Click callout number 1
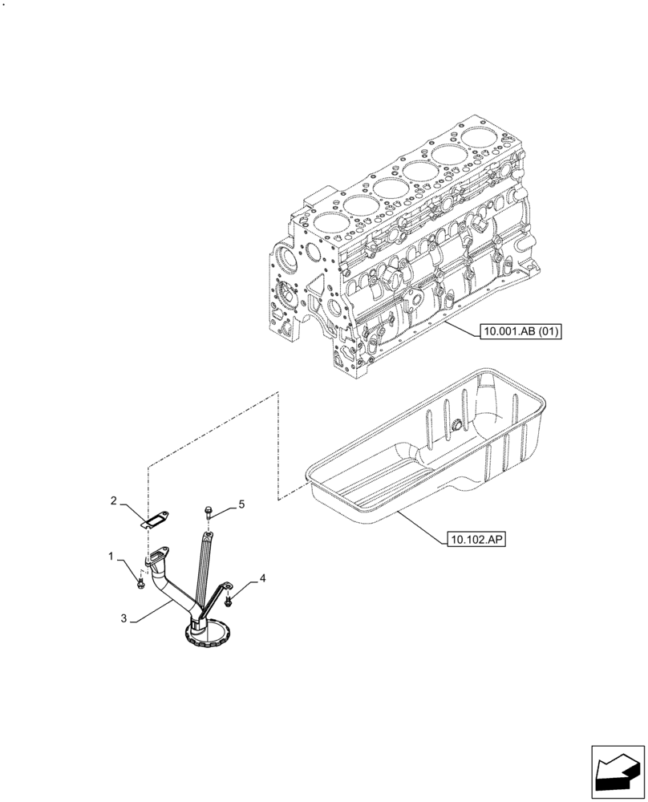(111, 555)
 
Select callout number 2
(114, 501)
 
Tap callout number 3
(123, 618)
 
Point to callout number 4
(262, 577)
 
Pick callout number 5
(240, 504)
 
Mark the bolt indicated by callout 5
(208, 510)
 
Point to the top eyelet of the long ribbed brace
(207, 531)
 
